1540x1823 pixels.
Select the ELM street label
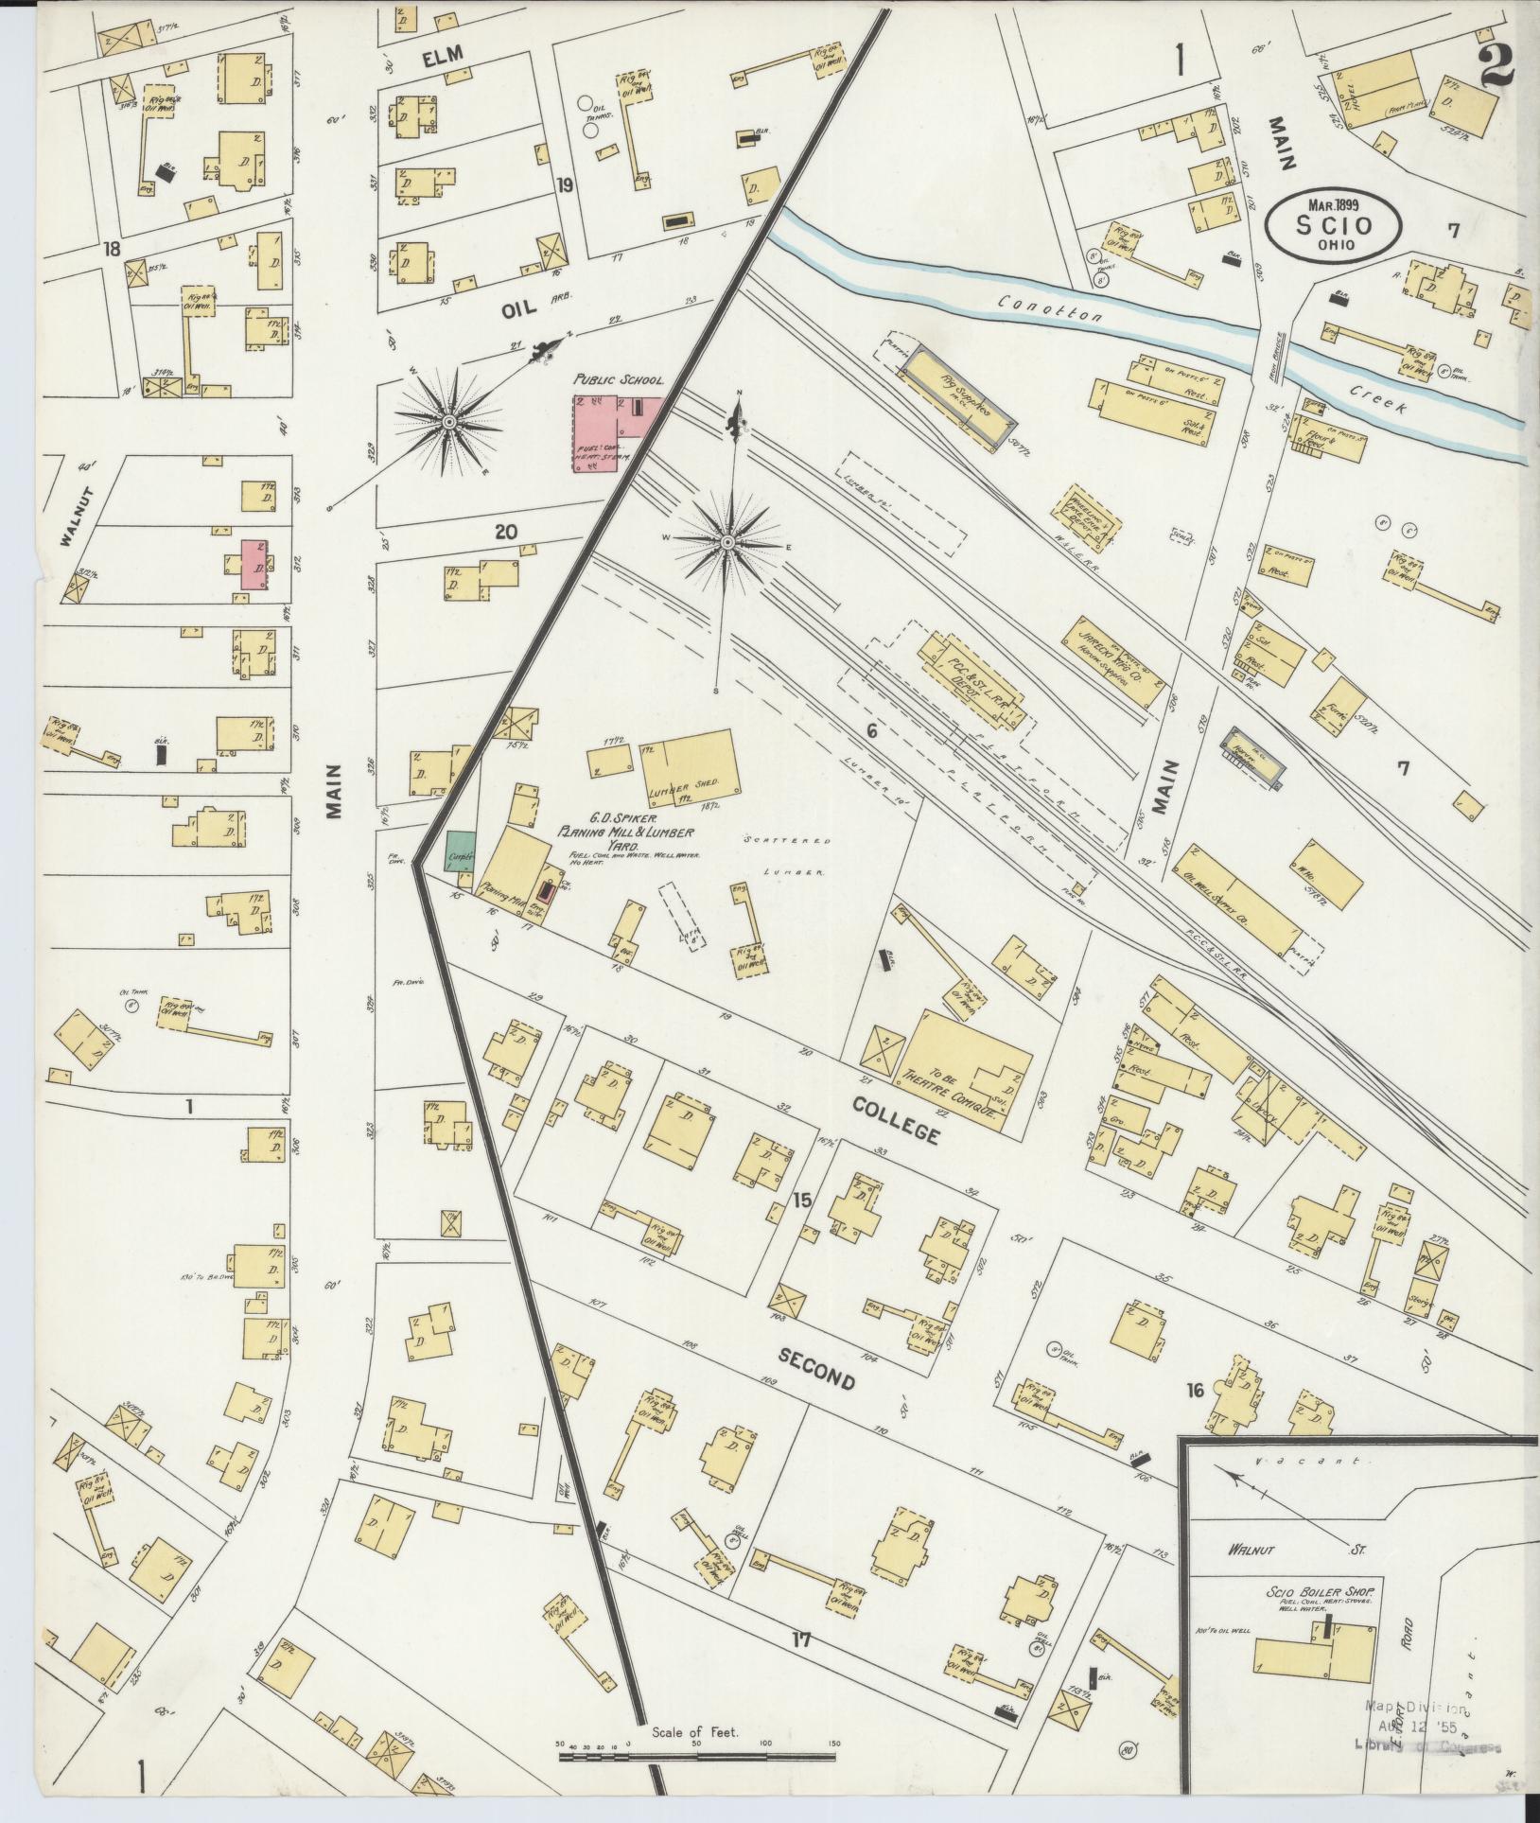click(x=444, y=58)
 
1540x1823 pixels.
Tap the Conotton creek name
click(x=1050, y=308)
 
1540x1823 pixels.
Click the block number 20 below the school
click(x=506, y=532)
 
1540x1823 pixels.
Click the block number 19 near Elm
click(x=565, y=185)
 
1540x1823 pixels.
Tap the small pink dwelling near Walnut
click(x=254, y=565)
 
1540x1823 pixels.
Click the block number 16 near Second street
click(x=1195, y=1390)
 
